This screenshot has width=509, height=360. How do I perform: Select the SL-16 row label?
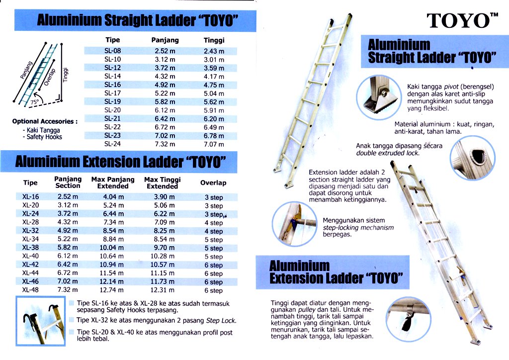click(113, 85)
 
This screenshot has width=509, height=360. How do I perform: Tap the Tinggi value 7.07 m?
click(214, 144)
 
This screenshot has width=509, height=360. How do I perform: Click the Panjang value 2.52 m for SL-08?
click(165, 51)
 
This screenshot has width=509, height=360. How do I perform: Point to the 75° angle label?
click(34, 101)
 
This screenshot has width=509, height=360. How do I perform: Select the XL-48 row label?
click(30, 290)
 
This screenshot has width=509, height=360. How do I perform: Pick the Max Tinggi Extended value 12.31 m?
click(163, 290)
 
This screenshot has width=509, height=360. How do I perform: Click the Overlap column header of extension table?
click(213, 183)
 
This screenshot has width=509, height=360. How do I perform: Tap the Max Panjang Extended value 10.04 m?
click(112, 248)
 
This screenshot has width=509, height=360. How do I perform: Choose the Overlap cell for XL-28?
click(214, 223)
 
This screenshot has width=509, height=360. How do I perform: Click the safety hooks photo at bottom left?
click(41, 321)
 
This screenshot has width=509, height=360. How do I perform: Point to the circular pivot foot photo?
click(379, 97)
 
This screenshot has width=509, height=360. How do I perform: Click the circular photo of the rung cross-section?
click(473, 158)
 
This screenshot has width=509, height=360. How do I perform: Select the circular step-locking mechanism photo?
click(294, 224)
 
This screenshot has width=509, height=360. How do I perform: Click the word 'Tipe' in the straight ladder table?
click(113, 40)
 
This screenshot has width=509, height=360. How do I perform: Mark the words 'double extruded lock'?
click(388, 153)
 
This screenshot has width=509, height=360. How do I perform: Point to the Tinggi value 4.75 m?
click(214, 85)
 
